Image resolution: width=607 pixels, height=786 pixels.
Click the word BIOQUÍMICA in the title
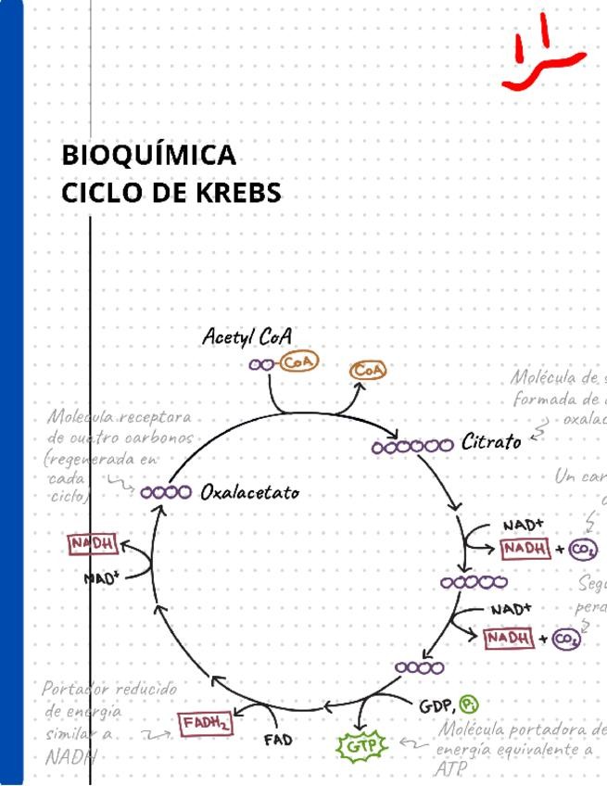coord(149,155)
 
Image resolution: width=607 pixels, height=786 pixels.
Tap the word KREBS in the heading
coord(237,194)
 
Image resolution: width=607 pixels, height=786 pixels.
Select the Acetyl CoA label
coord(247,336)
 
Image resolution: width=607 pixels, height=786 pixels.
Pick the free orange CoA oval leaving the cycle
coord(368,370)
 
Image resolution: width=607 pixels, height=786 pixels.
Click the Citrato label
coord(491,442)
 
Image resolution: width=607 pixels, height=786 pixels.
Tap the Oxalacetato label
coord(250,492)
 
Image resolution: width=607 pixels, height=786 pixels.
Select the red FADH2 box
coord(206,722)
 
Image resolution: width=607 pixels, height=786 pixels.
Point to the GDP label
coord(436,706)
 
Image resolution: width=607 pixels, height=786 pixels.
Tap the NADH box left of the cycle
coord(93,544)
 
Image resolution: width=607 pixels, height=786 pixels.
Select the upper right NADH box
coord(525,550)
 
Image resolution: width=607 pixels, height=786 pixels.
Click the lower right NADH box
coord(509,638)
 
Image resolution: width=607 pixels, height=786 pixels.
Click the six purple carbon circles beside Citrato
coord(412,447)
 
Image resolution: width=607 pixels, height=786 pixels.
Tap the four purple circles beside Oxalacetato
coord(166,491)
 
